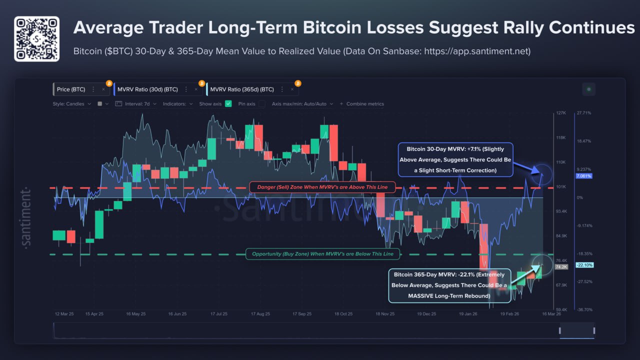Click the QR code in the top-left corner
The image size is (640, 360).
[x=36, y=38]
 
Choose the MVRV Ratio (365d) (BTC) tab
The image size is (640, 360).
[x=242, y=89]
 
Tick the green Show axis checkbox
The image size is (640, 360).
[x=228, y=104]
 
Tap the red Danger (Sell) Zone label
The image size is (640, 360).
[x=322, y=187]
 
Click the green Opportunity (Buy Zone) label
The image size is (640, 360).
[x=322, y=254]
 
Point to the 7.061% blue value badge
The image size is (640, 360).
[x=583, y=176]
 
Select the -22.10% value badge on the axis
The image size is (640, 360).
[x=584, y=265]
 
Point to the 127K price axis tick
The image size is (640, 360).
[x=561, y=113]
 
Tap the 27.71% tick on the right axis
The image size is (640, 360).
[x=583, y=113]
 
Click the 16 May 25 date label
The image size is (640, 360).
[x=135, y=314]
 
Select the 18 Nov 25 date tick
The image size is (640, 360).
[x=384, y=314]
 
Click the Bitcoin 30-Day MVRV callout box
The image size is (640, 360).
[x=455, y=160]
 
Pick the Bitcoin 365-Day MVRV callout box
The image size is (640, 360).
[x=449, y=285]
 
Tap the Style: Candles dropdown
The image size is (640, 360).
[x=72, y=104]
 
